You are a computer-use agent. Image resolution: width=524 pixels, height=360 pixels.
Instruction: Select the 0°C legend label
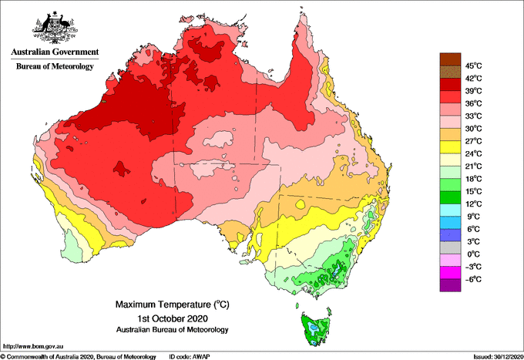click(x=472, y=254)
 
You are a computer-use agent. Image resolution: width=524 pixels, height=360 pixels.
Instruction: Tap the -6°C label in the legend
click(x=472, y=279)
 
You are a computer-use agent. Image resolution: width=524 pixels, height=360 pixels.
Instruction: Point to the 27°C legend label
click(x=473, y=141)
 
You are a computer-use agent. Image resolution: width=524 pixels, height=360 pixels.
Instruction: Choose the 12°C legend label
click(x=473, y=204)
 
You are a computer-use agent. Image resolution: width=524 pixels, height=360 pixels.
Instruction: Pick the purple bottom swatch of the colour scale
click(x=450, y=285)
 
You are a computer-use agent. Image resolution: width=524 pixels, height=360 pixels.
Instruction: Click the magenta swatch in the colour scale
click(x=450, y=273)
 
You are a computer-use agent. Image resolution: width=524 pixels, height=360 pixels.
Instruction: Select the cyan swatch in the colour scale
click(x=450, y=210)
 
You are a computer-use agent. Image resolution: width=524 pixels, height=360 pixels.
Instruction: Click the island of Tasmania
click(x=314, y=327)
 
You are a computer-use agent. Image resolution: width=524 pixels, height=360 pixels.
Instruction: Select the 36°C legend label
click(x=473, y=103)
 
